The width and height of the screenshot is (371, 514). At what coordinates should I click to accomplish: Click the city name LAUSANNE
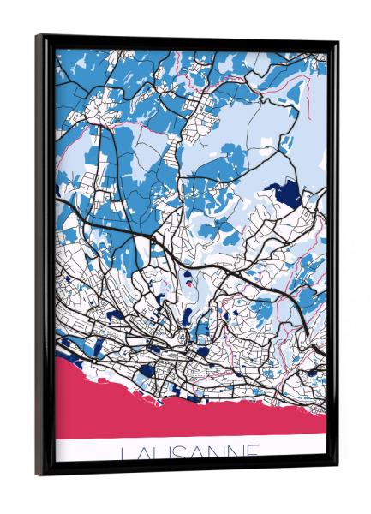pos(191,451)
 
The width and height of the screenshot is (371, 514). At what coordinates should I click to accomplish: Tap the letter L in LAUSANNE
pos(127,452)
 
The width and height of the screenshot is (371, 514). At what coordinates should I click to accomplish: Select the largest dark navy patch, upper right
pos(290,194)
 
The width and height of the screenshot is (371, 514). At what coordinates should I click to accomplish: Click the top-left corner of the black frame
pos(38,37)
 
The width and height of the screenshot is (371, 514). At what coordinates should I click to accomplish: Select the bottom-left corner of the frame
pos(38,474)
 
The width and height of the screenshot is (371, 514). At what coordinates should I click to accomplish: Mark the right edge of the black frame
pos(332,257)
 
